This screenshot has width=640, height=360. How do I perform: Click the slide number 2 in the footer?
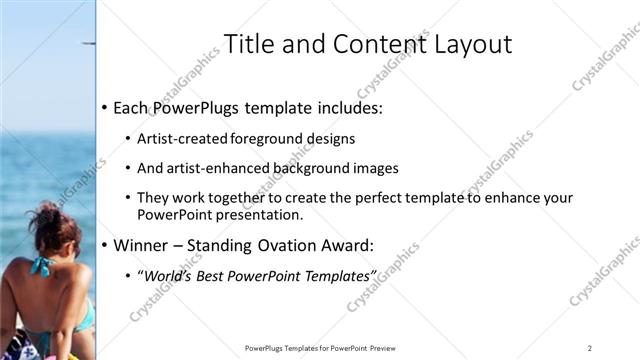[x=590, y=347]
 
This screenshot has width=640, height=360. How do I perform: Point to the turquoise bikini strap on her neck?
[x=42, y=267]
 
